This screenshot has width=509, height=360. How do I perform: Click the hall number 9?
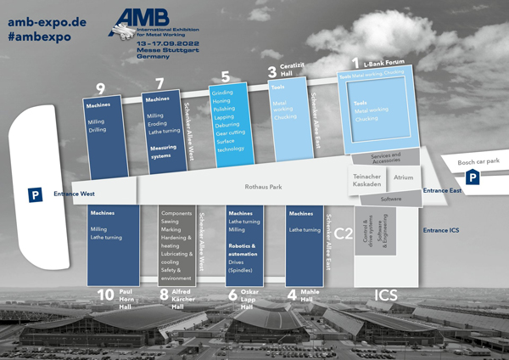[100, 88]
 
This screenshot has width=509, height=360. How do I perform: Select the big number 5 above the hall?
[225, 77]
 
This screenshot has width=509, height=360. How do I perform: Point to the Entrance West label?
[71, 194]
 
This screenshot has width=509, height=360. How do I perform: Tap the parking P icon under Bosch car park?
[472, 177]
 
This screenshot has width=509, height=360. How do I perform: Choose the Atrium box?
[403, 177]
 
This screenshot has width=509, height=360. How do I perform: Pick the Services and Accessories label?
[391, 157]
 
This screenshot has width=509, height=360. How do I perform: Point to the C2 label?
[344, 233]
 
